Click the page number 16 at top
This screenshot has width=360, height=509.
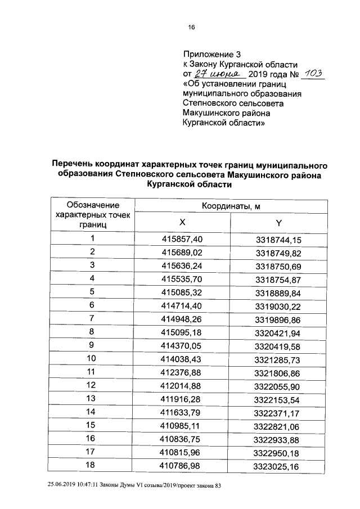(191, 28)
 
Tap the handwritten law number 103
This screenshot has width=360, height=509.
(312, 73)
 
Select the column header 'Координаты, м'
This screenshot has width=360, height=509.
(231, 206)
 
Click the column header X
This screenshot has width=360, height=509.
(182, 222)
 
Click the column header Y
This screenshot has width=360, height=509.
(278, 222)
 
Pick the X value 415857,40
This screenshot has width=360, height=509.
(182, 239)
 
